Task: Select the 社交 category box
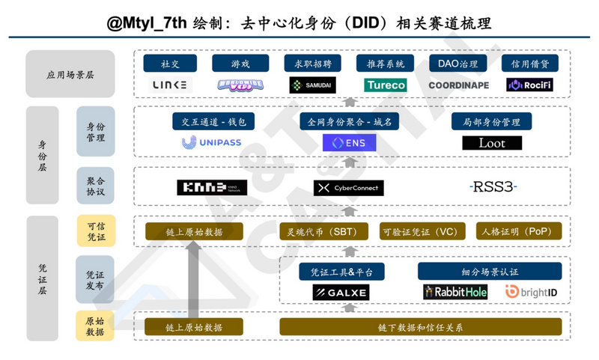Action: [171, 64]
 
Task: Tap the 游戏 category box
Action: [240, 64]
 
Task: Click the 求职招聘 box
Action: [313, 64]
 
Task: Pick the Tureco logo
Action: [386, 85]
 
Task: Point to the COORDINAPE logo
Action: [458, 85]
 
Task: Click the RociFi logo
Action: [530, 85]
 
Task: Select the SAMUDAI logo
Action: [313, 85]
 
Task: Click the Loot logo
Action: [491, 142]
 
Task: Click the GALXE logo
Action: [341, 292]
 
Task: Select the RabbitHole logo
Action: [455, 292]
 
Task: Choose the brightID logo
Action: [532, 292]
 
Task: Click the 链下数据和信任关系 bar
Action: [420, 327]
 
